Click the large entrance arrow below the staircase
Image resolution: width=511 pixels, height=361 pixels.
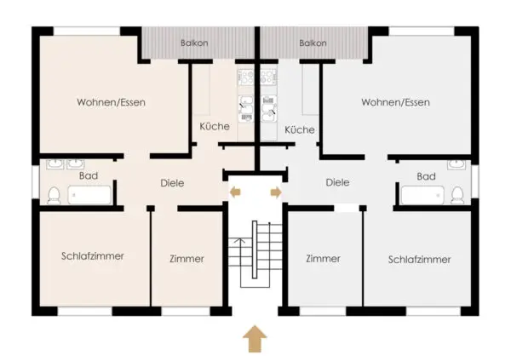click(x=255, y=339)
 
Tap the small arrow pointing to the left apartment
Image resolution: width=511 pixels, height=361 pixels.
click(x=235, y=192)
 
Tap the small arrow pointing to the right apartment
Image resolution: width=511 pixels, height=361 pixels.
click(x=276, y=192)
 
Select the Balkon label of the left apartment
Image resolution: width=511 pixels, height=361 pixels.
click(x=194, y=43)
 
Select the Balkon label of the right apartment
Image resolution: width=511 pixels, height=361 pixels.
click(x=313, y=43)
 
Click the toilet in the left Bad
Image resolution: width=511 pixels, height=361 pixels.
click(x=54, y=196)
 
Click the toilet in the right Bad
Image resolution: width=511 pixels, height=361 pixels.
click(x=458, y=196)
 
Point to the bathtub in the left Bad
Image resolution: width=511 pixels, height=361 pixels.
click(x=89, y=195)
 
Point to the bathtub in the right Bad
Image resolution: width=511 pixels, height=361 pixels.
click(x=422, y=195)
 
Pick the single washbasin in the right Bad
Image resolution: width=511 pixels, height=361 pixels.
click(x=456, y=164)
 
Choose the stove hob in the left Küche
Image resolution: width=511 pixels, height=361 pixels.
click(x=246, y=77)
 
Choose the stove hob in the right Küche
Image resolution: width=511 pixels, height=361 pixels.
click(x=268, y=77)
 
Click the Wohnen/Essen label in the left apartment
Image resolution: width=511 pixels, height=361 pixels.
click(x=111, y=102)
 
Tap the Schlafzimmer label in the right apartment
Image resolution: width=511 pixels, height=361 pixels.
click(x=419, y=260)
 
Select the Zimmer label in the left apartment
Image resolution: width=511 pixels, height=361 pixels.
click(x=187, y=259)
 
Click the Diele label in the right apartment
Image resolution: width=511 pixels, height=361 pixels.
click(x=337, y=182)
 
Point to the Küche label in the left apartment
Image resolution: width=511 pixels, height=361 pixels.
click(x=215, y=126)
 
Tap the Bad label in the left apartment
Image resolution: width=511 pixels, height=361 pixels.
click(x=89, y=176)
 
